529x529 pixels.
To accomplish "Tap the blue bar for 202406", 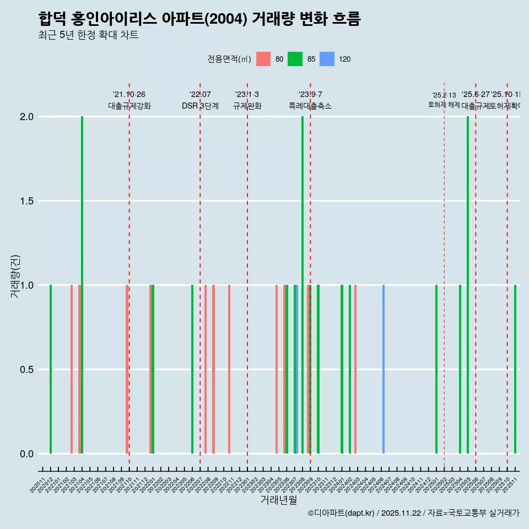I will (x=384, y=369).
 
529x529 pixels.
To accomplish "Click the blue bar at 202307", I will (x=296, y=369).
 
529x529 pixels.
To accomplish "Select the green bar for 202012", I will (x=51, y=369).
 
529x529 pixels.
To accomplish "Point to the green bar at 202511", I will (x=515, y=369).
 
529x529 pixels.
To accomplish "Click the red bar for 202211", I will (x=229, y=369).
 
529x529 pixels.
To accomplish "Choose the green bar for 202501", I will (x=436, y=369).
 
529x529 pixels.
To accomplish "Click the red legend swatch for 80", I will (x=263, y=59).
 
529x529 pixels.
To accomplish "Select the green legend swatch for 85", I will (x=295, y=59).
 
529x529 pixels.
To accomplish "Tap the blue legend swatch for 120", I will (x=327, y=59).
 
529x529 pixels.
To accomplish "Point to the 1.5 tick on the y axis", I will (x=26, y=201).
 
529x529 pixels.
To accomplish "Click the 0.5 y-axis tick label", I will (x=26, y=370).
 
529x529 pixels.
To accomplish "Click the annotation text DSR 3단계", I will (x=200, y=106).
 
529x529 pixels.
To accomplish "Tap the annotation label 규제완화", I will (x=247, y=106).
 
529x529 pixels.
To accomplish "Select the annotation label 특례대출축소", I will (x=310, y=106).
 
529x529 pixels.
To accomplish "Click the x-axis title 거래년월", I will (x=278, y=500).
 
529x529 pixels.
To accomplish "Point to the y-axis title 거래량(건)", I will (x=15, y=276).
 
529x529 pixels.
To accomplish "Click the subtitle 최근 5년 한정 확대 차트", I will (x=88, y=35).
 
